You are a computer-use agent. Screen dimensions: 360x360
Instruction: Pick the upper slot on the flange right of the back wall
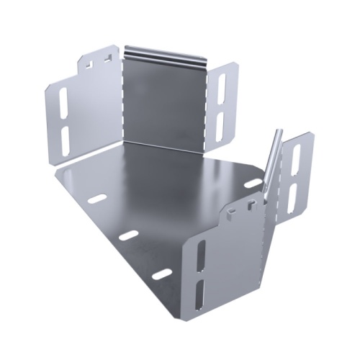[222, 87]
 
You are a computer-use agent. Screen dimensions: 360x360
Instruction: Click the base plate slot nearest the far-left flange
[96, 198]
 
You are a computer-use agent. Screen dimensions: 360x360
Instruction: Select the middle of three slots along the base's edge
[128, 235]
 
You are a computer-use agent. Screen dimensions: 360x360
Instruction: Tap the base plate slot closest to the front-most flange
[161, 274]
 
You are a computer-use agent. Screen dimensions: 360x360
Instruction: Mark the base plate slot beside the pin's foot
[252, 184]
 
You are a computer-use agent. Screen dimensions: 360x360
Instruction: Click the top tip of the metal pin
[279, 132]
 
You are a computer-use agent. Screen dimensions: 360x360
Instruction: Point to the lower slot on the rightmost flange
[292, 196]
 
